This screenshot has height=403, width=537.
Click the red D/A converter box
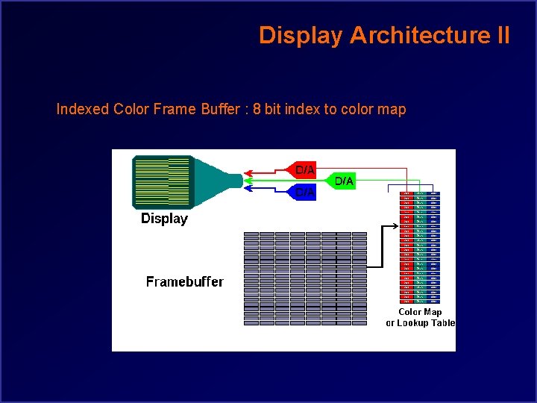[304, 169]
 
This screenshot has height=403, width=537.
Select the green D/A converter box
[343, 181]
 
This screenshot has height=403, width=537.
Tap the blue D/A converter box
[304, 193]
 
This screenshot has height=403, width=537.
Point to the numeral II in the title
[501, 35]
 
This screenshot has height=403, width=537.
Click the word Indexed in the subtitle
[83, 110]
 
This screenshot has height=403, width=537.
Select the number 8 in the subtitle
[257, 110]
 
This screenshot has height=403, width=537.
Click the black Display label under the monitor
[164, 219]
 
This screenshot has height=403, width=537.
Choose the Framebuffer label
[184, 281]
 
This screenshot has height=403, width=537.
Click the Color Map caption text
[420, 312]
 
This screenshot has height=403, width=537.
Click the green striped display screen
[162, 181]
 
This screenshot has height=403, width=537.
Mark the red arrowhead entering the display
[248, 170]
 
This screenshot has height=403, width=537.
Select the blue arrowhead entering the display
[248, 188]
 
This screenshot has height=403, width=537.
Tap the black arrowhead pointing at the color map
[395, 225]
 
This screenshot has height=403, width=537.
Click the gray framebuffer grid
[306, 278]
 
